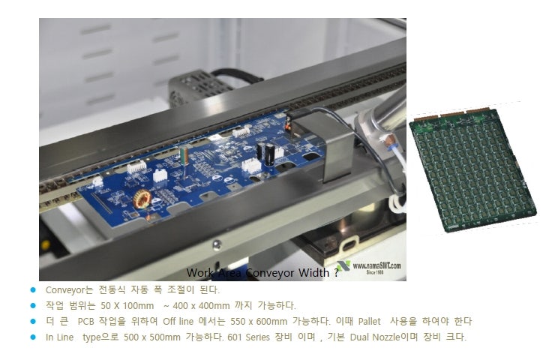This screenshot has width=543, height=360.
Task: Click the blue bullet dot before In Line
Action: [32, 337]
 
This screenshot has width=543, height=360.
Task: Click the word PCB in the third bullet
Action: [88, 321]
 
